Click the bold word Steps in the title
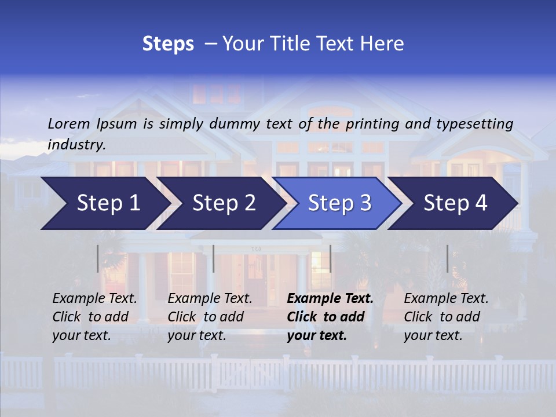coord(168,44)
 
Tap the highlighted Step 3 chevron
coord(339,203)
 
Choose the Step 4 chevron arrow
coord(455,203)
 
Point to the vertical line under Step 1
coord(98,258)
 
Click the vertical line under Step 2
coord(214,258)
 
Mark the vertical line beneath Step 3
coord(330,258)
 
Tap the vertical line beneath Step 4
coord(448,258)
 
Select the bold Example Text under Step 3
coord(330,317)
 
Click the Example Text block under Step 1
coord(95,317)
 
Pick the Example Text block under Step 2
coord(210,317)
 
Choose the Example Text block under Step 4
coord(446,317)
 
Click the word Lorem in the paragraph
coord(69,123)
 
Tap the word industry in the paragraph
coord(76,144)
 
